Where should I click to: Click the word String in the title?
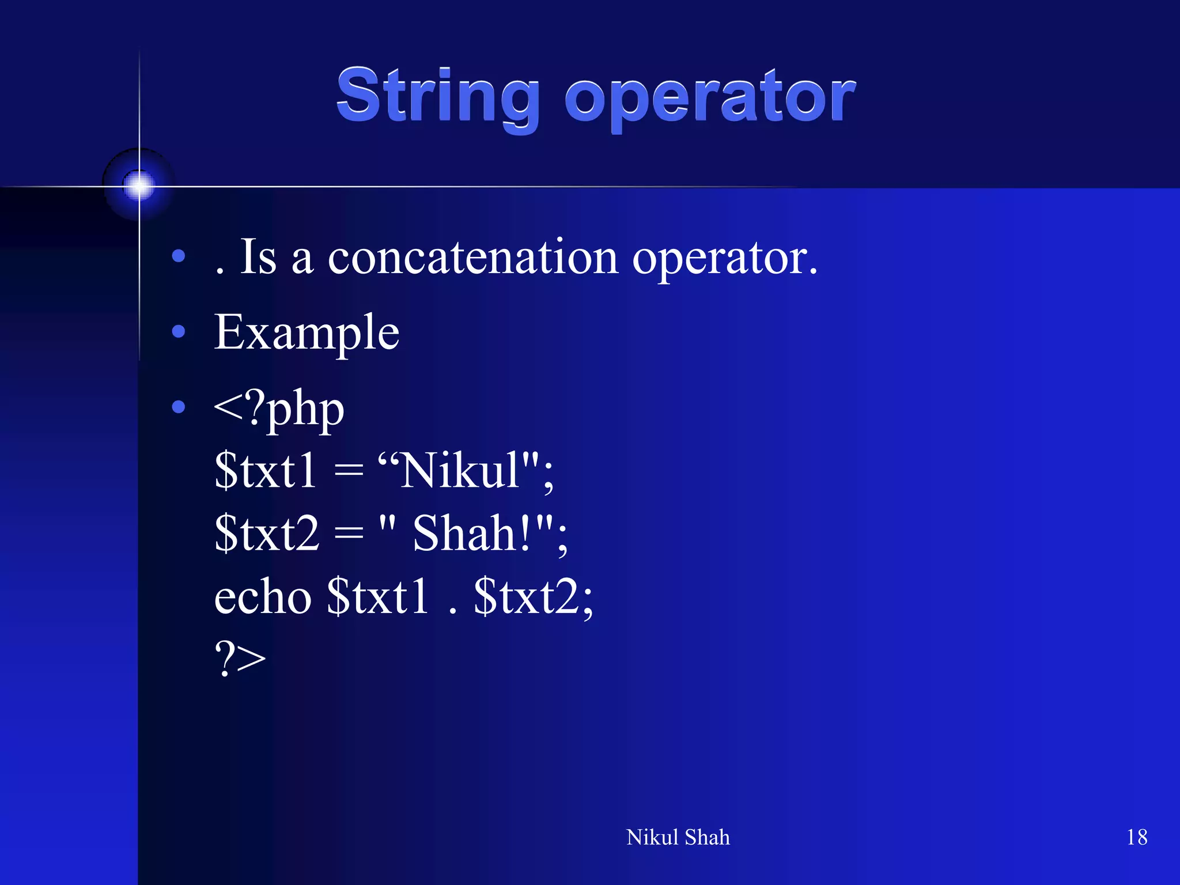(x=438, y=96)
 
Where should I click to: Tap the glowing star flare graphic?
(x=139, y=185)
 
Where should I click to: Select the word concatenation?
(x=473, y=258)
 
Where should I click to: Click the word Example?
(x=307, y=332)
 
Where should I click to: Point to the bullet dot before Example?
(x=179, y=331)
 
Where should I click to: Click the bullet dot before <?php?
(x=179, y=407)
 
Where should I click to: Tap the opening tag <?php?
(x=279, y=409)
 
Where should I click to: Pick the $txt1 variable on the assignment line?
(x=265, y=471)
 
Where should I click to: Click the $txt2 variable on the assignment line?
(x=266, y=534)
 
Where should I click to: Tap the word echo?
(x=263, y=597)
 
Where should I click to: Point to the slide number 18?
(x=1136, y=837)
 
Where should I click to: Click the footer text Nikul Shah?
(x=678, y=837)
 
